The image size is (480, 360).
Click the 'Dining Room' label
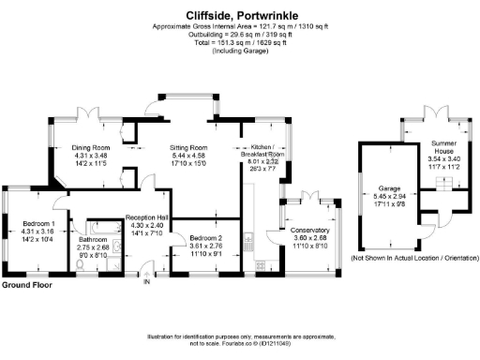click(x=92, y=148)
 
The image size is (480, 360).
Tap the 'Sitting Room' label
click(x=187, y=148)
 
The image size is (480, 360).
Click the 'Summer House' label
click(x=443, y=147)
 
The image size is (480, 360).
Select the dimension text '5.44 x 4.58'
click(x=187, y=157)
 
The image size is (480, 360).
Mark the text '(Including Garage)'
click(x=240, y=50)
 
